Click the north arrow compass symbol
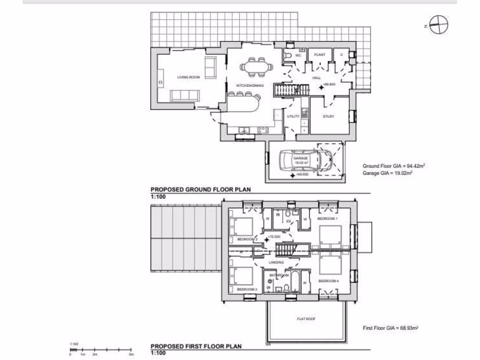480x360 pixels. tap(439, 25)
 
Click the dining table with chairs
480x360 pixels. tap(256, 67)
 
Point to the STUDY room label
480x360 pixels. tap(329, 116)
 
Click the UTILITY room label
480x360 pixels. tap(293, 116)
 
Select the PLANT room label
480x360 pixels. tap(320, 55)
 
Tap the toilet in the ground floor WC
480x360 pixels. tap(289, 56)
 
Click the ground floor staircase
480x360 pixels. tap(287, 90)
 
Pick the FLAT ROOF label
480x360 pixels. tap(306, 319)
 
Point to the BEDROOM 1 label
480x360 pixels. tap(327, 219)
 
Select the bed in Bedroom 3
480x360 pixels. tap(242, 276)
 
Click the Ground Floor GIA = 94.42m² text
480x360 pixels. tap(393, 166)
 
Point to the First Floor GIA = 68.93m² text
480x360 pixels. tap(390, 328)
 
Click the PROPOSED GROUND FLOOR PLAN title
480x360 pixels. tap(201, 190)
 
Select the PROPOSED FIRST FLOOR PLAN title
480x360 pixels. tap(196, 346)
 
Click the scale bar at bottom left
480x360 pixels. tap(101, 350)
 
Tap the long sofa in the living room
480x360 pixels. tap(184, 96)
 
